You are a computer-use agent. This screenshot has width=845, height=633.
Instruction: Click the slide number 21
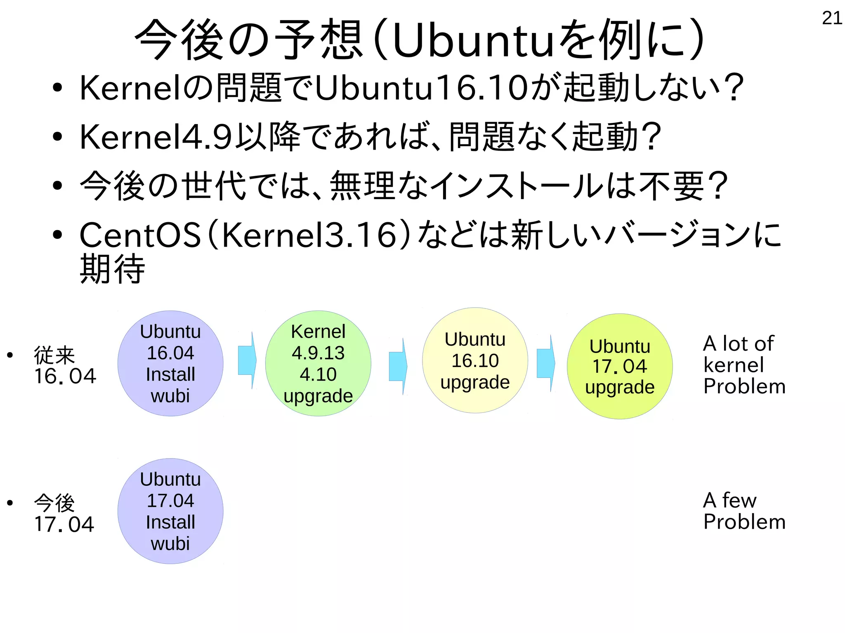click(x=832, y=18)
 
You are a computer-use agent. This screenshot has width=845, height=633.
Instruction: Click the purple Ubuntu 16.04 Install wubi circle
click(x=170, y=363)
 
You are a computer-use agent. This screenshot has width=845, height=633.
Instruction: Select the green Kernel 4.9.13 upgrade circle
click(x=318, y=363)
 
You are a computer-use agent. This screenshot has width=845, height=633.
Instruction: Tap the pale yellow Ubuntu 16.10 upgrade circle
click(x=475, y=360)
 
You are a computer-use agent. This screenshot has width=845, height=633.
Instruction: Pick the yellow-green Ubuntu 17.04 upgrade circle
click(x=620, y=366)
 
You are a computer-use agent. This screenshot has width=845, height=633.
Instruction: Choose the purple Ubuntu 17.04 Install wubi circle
click(x=170, y=511)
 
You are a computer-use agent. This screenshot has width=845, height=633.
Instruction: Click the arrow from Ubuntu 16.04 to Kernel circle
click(x=247, y=360)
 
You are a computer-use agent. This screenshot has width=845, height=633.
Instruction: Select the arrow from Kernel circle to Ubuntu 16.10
click(x=398, y=366)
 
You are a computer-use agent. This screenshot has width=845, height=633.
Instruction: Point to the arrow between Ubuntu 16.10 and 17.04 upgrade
click(x=545, y=363)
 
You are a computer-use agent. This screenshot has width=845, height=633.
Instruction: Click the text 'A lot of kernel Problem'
click(x=744, y=365)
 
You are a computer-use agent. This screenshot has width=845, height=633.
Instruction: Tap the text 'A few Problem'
click(x=744, y=511)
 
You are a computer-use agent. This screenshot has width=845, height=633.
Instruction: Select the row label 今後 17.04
click(x=64, y=513)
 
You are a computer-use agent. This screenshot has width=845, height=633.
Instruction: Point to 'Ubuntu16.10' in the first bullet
click(x=421, y=88)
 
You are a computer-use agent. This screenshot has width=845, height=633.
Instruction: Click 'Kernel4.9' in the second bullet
click(x=156, y=137)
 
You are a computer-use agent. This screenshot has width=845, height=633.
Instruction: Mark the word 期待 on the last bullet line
click(x=112, y=269)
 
